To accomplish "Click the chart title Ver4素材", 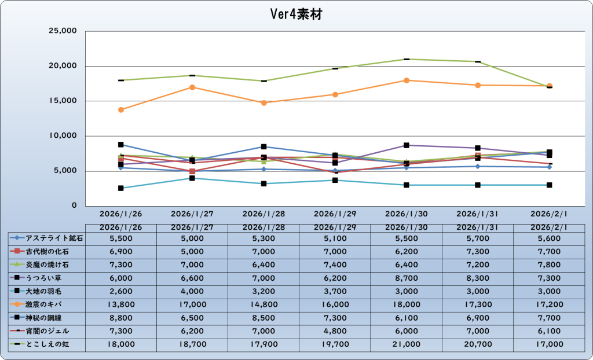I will click(x=296, y=14).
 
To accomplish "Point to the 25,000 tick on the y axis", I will click(x=63, y=31).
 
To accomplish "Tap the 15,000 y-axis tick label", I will click(x=63, y=101).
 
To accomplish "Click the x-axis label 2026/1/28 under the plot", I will click(x=263, y=214).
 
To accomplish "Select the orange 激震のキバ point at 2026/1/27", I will click(x=192, y=87).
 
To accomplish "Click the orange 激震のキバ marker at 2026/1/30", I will click(x=407, y=80).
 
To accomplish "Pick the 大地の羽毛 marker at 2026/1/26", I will click(x=120, y=188).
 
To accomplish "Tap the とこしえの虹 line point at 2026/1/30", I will click(x=407, y=59).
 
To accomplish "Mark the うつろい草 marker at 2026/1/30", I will click(x=407, y=145).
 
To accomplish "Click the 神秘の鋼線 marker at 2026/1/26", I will click(x=120, y=145).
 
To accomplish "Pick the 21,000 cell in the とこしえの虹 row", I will click(x=407, y=344).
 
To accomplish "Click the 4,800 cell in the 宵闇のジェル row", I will click(x=335, y=331).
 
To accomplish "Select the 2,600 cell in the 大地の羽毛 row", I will click(x=120, y=291).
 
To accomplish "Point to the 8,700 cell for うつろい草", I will click(x=407, y=278).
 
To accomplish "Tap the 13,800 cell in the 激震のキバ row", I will click(x=120, y=304).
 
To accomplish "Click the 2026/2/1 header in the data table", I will click(x=550, y=227).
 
